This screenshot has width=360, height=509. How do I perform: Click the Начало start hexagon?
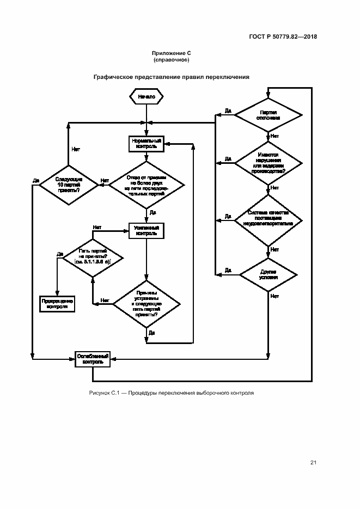[147, 96]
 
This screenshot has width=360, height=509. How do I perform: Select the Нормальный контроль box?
[147, 143]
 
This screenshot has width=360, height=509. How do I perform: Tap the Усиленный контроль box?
[147, 230]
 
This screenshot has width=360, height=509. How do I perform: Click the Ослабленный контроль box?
[93, 359]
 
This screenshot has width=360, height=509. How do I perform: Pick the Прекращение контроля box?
[57, 303]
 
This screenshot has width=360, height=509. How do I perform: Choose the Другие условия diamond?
[268, 273]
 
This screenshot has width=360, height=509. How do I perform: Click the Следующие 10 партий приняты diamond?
[68, 185]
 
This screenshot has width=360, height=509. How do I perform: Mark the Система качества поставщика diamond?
[268, 219]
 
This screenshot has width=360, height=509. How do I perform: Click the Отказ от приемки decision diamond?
[147, 185]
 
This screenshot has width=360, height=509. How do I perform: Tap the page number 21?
[313, 463]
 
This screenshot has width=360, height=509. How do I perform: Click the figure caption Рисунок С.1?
[172, 393]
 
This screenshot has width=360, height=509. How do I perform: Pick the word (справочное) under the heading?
[172, 59]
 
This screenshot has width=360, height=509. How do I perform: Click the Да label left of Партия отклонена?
[228, 111]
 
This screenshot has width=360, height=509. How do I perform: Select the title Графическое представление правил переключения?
[172, 77]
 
